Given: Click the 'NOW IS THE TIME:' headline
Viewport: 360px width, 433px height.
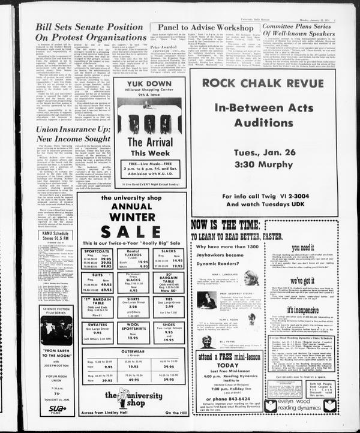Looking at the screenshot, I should (226, 226).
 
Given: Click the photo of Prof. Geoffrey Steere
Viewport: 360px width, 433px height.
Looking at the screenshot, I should (207, 300).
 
